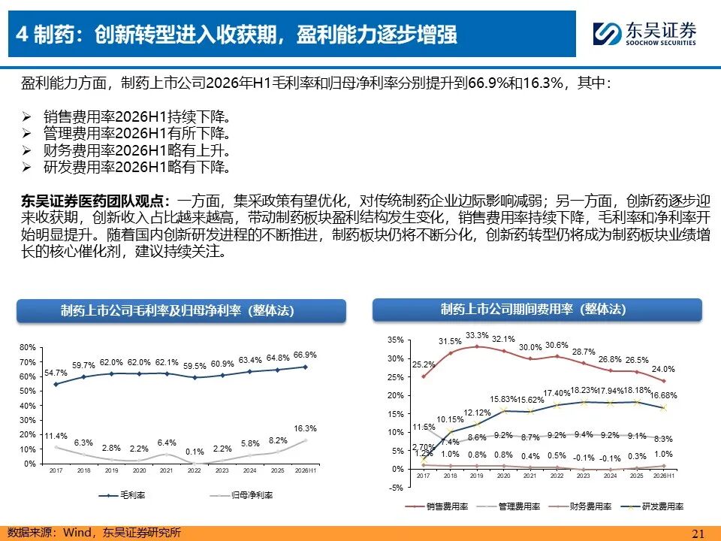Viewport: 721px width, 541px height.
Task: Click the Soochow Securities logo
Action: click(644, 34)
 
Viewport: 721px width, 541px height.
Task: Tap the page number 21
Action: click(698, 533)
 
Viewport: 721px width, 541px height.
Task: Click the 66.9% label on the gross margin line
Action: click(305, 355)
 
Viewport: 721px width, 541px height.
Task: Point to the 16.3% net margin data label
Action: click(305, 428)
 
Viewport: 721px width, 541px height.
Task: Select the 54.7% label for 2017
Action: click(56, 373)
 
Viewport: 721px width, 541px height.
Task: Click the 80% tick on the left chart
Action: click(28, 347)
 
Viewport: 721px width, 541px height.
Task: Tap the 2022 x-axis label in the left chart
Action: click(194, 470)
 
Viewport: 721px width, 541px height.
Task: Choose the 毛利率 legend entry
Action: click(122, 495)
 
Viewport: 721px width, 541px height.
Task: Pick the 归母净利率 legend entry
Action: click(241, 495)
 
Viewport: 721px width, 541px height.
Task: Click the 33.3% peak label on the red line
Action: click(477, 335)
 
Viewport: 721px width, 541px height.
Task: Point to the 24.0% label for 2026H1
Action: click(663, 369)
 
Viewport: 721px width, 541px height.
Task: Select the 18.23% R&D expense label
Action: click(584, 390)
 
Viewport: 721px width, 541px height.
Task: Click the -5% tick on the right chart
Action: click(396, 488)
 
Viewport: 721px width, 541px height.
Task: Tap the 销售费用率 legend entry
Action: click(437, 506)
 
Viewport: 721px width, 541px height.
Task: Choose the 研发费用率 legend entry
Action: click(652, 506)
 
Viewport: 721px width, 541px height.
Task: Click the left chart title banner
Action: click(181, 311)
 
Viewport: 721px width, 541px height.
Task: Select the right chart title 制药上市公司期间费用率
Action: click(507, 309)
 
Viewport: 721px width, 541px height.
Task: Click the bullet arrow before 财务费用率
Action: click(27, 150)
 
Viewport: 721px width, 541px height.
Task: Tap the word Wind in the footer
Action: click(77, 533)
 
